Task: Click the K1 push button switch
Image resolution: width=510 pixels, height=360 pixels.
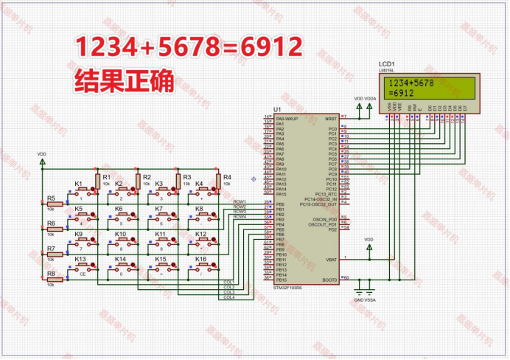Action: pos(86,192)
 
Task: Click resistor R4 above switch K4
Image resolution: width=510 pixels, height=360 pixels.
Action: pos(218,180)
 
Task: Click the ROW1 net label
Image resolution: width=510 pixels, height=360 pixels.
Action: pos(240,201)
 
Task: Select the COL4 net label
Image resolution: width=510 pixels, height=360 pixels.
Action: pos(228,297)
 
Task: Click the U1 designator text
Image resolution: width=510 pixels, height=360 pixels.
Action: pos(277,110)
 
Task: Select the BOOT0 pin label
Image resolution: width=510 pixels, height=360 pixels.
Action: pos(329,280)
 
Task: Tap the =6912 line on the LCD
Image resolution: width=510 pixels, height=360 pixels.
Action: pos(401,94)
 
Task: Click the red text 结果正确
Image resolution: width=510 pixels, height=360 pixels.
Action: pos(124,82)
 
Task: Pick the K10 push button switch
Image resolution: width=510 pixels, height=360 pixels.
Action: pos(126,242)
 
